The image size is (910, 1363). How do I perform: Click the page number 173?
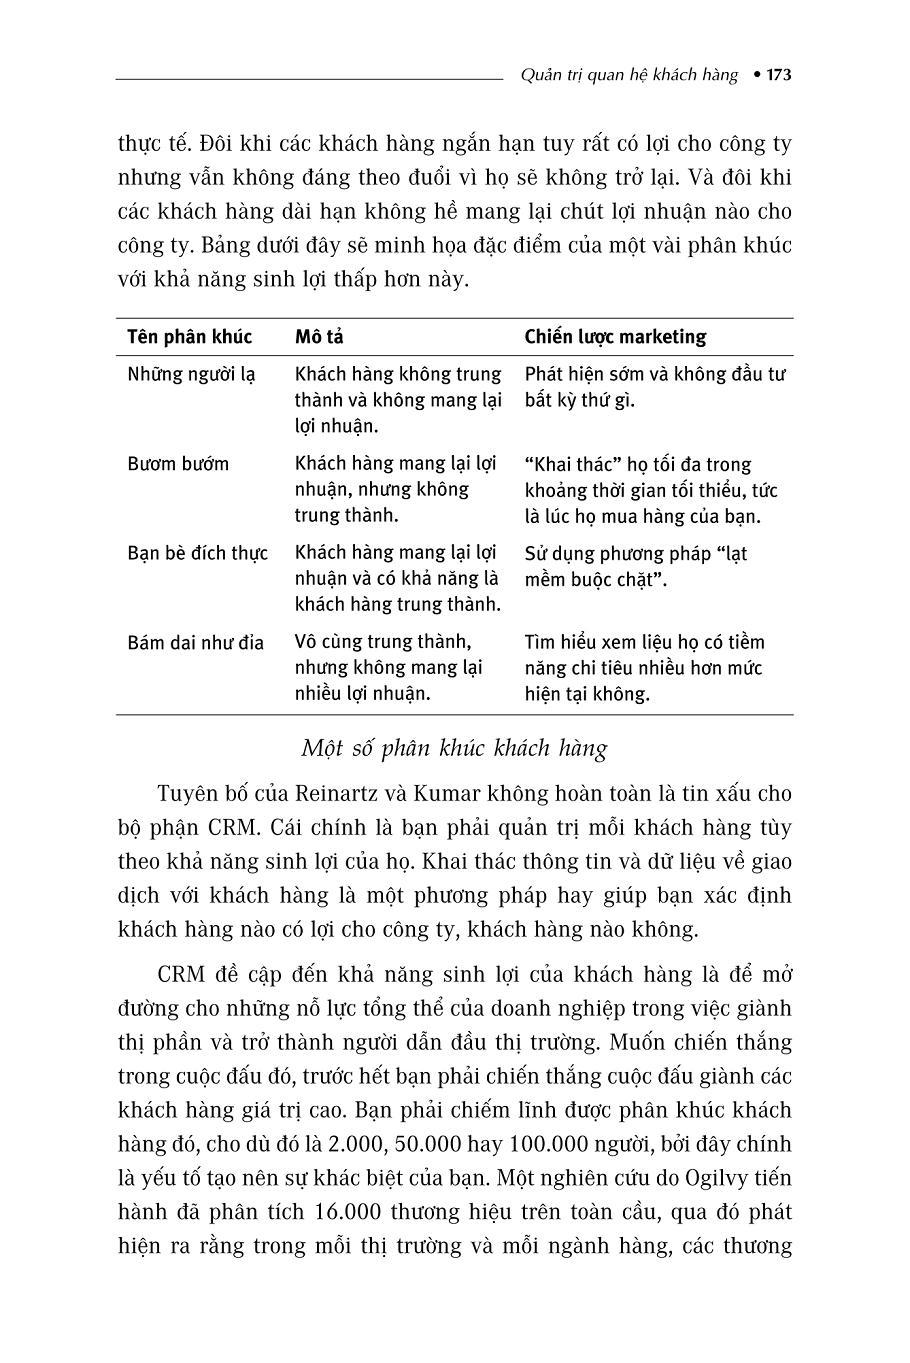click(x=779, y=75)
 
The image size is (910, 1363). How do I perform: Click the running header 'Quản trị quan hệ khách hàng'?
click(x=630, y=75)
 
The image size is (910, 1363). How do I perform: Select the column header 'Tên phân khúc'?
click(x=189, y=337)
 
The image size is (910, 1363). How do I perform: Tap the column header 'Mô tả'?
click(x=319, y=337)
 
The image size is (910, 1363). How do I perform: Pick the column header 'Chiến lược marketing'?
click(x=615, y=337)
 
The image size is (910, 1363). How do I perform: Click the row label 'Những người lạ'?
click(x=191, y=374)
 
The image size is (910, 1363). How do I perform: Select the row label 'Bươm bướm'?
click(x=178, y=464)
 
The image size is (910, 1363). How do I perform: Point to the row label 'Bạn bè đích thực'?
click(x=198, y=553)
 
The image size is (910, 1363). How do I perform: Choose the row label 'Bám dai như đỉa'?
click(x=196, y=642)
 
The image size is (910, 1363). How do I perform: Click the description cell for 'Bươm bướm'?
click(x=396, y=490)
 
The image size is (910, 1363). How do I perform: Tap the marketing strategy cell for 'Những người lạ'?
click(x=655, y=387)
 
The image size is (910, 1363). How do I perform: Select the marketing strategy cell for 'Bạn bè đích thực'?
click(x=636, y=566)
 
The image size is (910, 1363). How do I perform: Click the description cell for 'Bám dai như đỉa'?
click(x=390, y=668)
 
